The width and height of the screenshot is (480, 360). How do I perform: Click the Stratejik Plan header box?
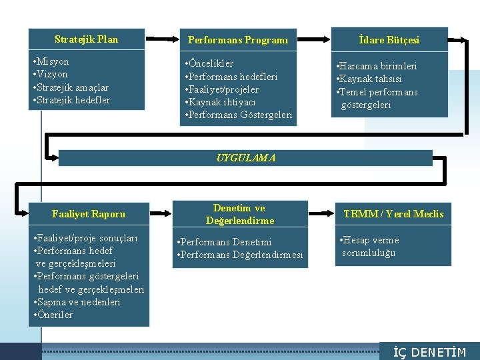pos(87,39)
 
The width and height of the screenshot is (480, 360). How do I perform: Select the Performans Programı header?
pos(238,40)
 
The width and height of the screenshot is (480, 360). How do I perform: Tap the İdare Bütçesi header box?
pos(389,40)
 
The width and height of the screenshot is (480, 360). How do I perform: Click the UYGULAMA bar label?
pos(245,158)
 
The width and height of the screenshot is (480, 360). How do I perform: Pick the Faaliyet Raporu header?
pos(89,214)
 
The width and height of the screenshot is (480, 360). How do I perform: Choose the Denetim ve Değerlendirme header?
pos(240,214)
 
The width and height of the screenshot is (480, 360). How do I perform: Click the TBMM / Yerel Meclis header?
pos(393,214)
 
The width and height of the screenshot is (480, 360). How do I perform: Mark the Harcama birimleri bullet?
pos(377,66)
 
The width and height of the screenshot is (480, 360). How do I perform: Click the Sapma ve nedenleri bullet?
pos(77,302)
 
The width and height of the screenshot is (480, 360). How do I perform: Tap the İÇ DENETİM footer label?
pos(429,353)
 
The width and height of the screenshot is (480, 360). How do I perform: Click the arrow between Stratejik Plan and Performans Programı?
pos(161,39)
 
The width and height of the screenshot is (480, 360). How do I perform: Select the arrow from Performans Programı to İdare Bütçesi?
pos(314,39)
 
